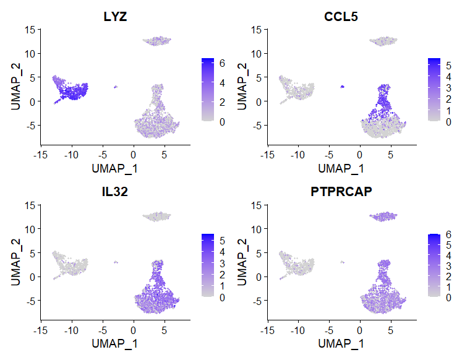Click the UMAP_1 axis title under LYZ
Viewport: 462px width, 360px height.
(115, 167)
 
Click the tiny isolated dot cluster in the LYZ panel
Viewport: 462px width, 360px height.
(116, 87)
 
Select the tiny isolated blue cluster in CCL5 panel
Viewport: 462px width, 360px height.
(342, 87)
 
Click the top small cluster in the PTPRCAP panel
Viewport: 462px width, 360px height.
(383, 216)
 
